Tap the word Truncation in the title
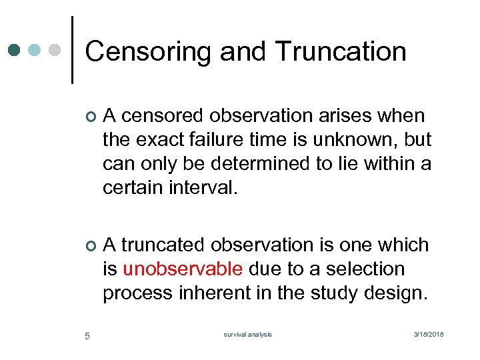pos(340,52)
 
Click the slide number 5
pos(87,335)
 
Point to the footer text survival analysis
pos(248,335)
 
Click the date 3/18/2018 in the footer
pos(428,335)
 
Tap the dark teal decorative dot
pos(15,50)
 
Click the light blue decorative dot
pos(35,50)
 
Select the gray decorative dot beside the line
pos(56,50)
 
